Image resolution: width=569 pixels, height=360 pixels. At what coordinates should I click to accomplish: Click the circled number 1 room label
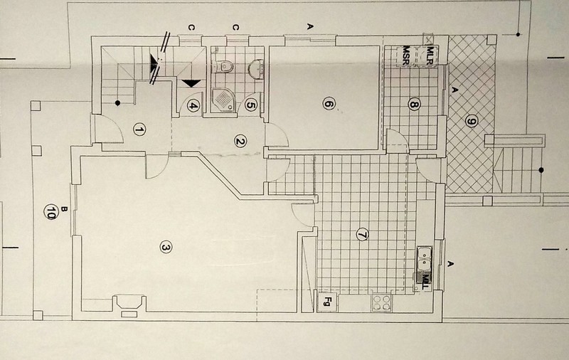click(x=139, y=129)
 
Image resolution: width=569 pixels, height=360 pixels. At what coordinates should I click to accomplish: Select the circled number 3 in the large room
click(x=166, y=248)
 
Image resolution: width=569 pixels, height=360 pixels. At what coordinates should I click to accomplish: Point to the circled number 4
click(x=193, y=105)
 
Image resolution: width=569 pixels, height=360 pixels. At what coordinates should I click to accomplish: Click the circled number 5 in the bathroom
click(x=251, y=105)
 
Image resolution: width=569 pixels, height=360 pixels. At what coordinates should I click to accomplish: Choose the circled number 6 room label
click(x=328, y=104)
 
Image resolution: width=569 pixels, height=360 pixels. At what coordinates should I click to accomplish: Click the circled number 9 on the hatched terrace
click(x=470, y=122)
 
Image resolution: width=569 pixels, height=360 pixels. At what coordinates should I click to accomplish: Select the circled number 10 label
click(x=50, y=211)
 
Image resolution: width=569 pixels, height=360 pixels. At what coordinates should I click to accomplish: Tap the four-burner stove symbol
click(x=382, y=302)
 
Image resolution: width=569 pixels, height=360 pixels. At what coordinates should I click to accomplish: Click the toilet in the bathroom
click(x=226, y=66)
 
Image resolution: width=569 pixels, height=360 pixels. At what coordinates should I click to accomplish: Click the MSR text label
click(x=405, y=55)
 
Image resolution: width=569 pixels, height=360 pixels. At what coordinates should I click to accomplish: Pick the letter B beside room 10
click(x=64, y=209)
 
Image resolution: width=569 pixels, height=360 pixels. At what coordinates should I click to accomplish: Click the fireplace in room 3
click(x=129, y=305)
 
